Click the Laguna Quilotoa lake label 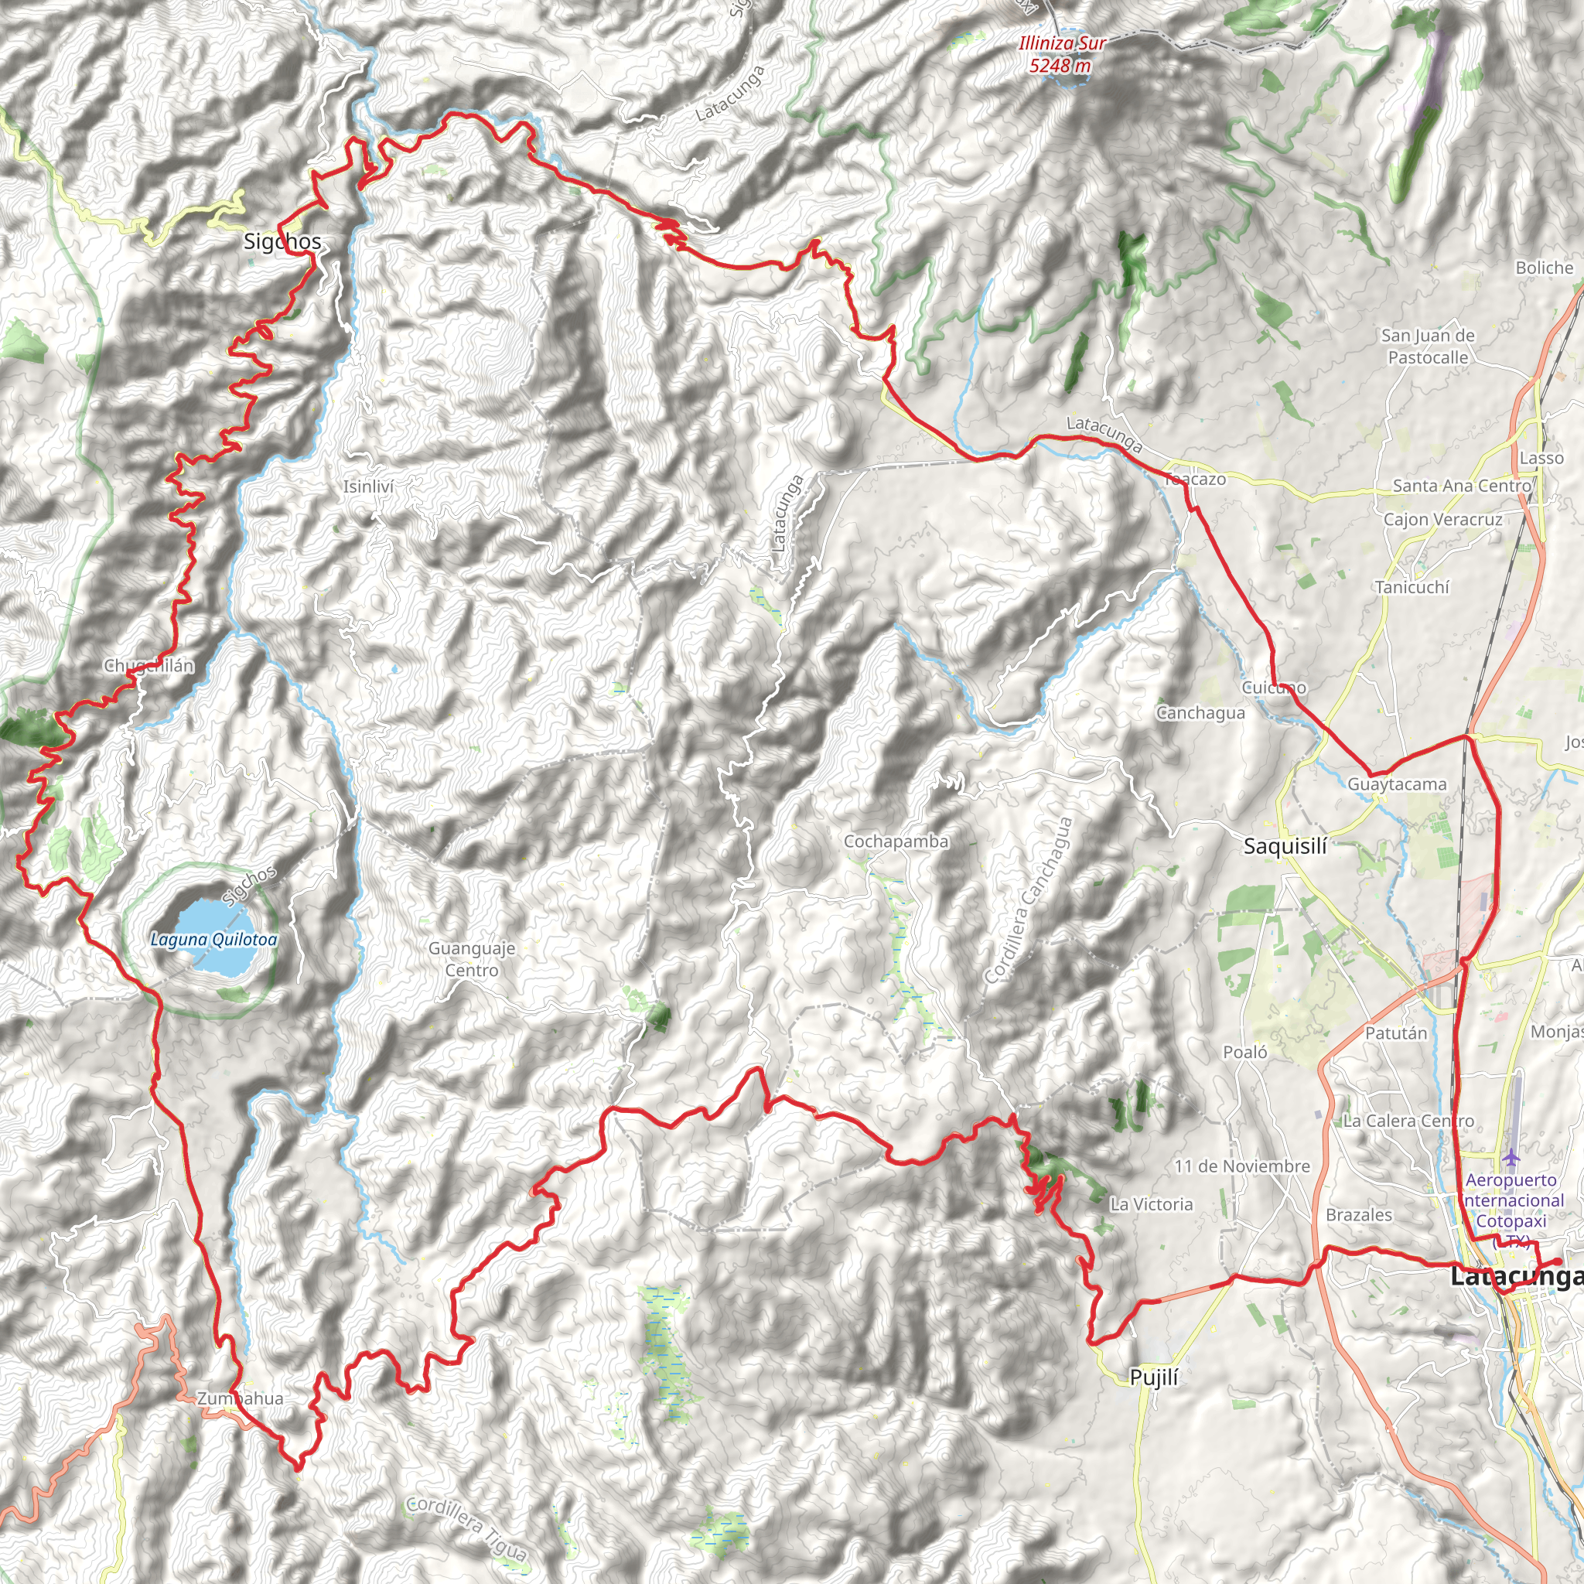[x=214, y=940]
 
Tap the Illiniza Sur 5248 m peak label [x=1061, y=54]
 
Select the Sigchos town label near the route [x=282, y=241]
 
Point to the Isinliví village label [x=368, y=486]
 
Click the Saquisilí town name [x=1285, y=846]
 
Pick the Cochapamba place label [x=896, y=841]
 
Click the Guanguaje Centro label [x=472, y=959]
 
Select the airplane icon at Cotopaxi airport [x=1511, y=1158]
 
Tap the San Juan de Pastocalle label [x=1428, y=346]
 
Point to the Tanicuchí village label [x=1412, y=587]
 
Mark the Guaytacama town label [x=1397, y=783]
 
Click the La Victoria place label [x=1151, y=1203]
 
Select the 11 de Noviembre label [x=1242, y=1166]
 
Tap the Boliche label [x=1545, y=268]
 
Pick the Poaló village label [x=1244, y=1052]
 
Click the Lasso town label [x=1541, y=458]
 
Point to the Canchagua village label [x=1200, y=712]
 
